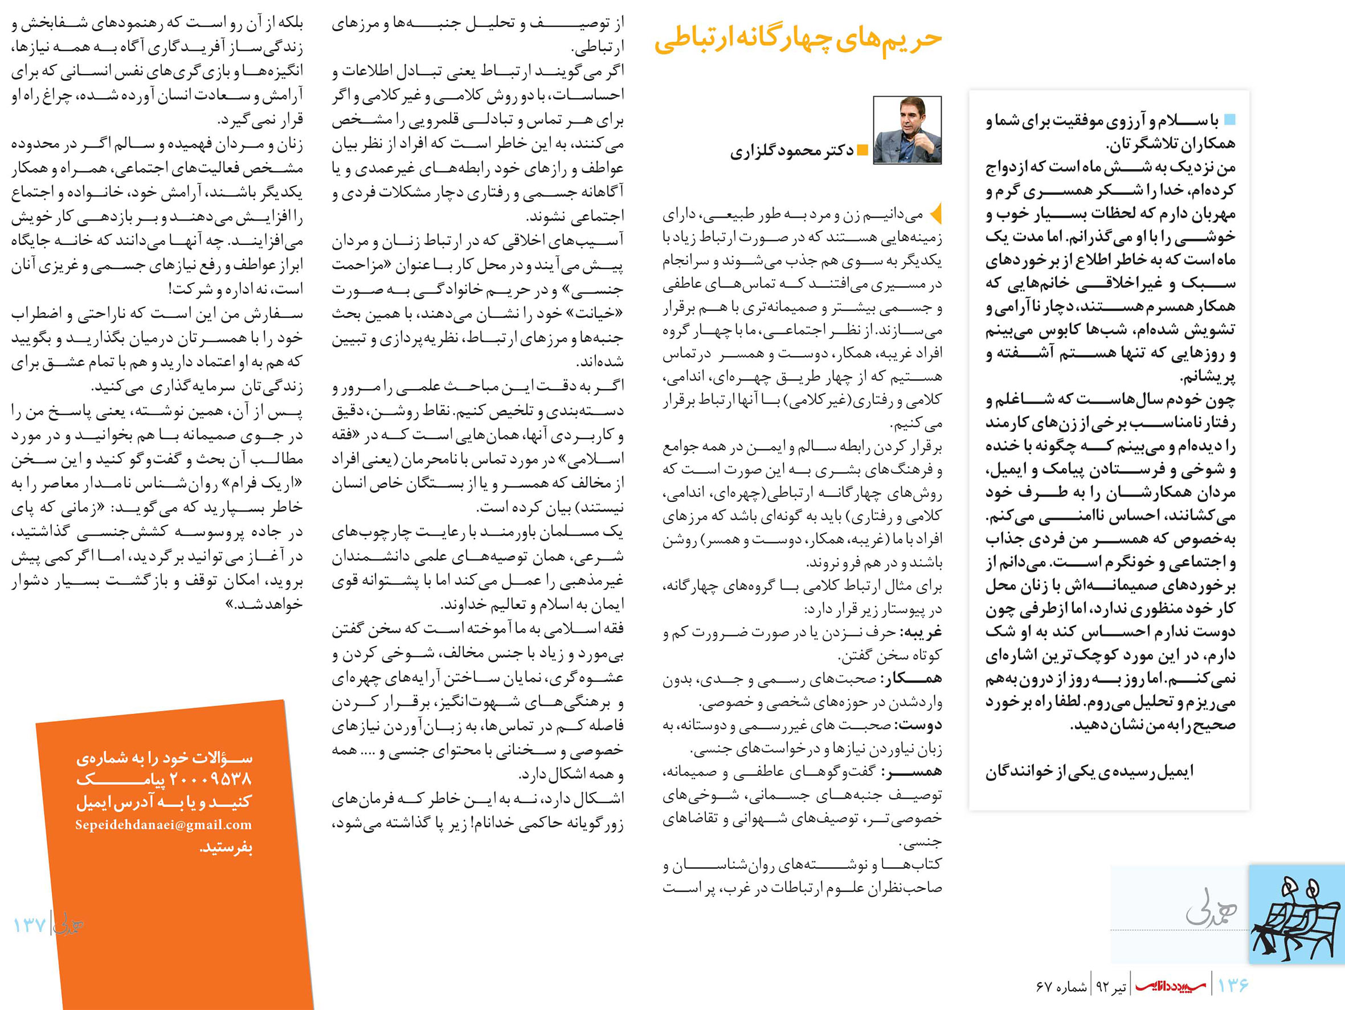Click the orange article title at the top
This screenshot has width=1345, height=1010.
point(798,40)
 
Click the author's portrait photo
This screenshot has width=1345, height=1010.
point(907,130)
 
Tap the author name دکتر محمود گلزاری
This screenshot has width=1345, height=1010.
point(792,151)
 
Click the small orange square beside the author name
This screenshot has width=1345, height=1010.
point(861,150)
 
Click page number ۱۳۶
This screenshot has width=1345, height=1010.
point(1233,984)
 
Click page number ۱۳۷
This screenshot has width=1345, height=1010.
point(30,926)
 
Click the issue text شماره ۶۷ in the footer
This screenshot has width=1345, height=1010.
point(1061,986)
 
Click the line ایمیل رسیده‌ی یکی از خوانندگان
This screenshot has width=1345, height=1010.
point(1090,771)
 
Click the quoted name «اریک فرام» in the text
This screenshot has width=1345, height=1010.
point(268,484)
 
